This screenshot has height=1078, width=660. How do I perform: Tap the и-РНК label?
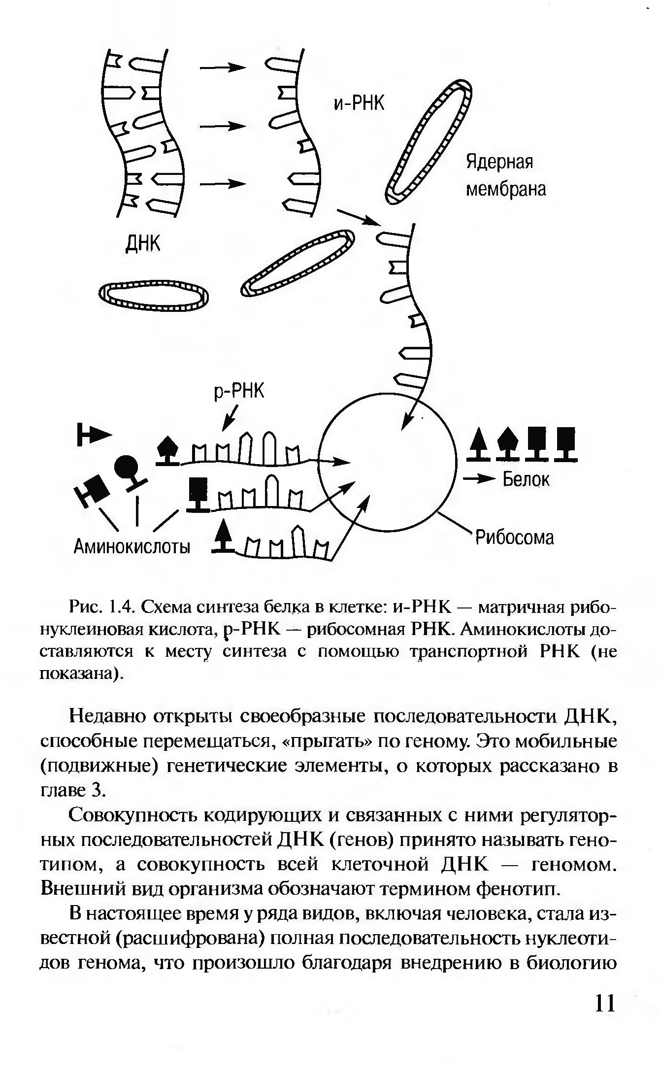click(359, 103)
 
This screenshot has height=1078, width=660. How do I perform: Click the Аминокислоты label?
click(132, 546)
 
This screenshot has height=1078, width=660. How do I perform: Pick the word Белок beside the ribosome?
click(526, 479)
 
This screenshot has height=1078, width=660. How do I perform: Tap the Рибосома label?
click(514, 538)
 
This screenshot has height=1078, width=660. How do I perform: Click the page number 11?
click(605, 1002)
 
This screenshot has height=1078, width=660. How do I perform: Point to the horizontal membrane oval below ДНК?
click(154, 297)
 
